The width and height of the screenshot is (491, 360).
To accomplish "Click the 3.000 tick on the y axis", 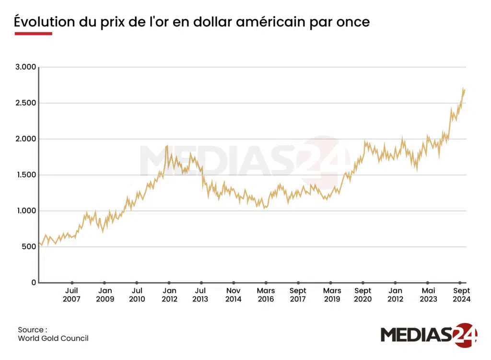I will [x=26, y=67].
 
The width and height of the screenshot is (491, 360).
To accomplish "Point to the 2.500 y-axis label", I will [x=26, y=103].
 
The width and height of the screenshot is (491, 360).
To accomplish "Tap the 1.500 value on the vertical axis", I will [x=26, y=175].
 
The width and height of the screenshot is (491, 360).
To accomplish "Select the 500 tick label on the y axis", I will [x=29, y=247].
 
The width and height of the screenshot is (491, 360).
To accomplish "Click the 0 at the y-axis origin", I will [x=34, y=283].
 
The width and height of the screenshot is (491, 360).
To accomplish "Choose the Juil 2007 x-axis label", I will [x=71, y=295].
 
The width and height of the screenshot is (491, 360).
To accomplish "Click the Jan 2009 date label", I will [x=105, y=295].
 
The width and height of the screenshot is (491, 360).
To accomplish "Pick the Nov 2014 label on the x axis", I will [x=234, y=295].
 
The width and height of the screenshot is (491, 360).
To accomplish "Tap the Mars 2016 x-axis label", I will [x=266, y=295].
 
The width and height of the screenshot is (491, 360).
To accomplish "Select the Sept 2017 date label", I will [x=298, y=295].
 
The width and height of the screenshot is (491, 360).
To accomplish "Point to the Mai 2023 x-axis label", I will [x=428, y=295].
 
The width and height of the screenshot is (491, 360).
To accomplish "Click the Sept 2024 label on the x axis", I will [x=462, y=295].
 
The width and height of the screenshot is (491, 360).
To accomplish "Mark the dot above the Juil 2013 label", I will [x=201, y=283].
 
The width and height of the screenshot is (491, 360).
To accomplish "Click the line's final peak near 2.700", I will [x=463, y=88].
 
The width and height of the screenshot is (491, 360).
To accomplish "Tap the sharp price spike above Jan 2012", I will [x=167, y=146].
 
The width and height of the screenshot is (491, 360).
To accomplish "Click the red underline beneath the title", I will [x=33, y=34].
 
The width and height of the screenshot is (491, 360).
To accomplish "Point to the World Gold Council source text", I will [x=53, y=338].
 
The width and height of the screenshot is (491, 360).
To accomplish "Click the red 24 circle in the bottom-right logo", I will [x=465, y=335].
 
